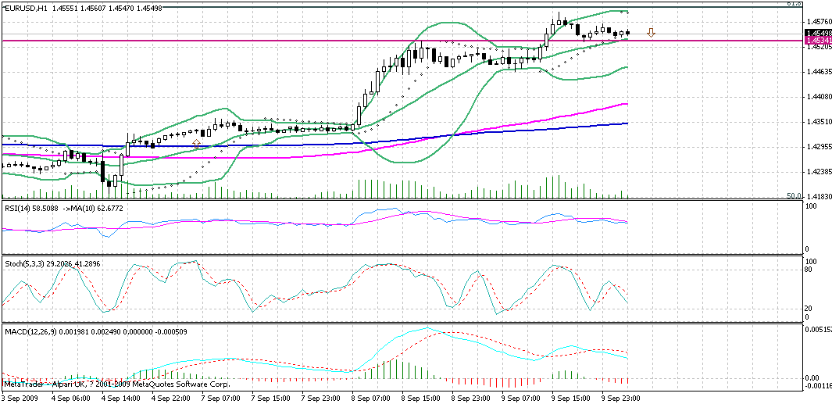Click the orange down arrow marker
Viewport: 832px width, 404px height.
(651, 34)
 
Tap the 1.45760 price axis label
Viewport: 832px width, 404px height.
(817, 21)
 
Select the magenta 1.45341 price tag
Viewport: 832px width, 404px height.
(817, 40)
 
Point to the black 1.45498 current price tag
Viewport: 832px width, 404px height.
(817, 33)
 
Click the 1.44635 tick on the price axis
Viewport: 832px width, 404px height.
(817, 72)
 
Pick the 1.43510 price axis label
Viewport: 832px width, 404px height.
(817, 122)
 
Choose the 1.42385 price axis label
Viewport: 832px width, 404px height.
(817, 172)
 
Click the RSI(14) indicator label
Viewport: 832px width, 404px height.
(17, 209)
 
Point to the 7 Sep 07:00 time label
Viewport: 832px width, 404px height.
(220, 399)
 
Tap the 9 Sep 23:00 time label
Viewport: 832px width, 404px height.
(622, 399)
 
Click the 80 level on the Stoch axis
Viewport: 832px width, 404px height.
(810, 270)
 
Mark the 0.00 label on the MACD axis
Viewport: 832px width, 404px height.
(812, 377)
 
